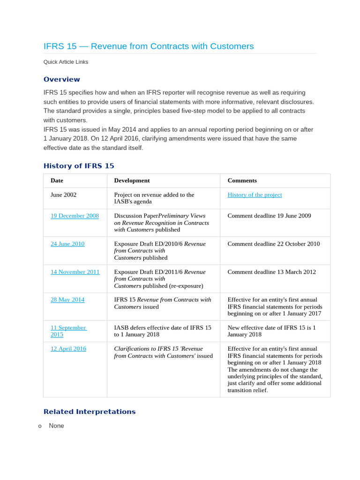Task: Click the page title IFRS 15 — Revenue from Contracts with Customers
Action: [149, 46]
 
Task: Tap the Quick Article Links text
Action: [66, 62]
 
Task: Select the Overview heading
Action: [61, 79]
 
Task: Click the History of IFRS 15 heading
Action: [79, 166]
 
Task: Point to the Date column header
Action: [57, 180]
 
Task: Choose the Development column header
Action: [132, 180]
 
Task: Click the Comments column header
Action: [242, 180]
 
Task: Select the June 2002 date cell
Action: [63, 195]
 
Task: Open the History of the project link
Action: [255, 195]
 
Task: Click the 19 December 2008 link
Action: [75, 216]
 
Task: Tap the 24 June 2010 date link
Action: [67, 244]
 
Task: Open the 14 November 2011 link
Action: [75, 272]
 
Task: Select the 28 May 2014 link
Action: [67, 300]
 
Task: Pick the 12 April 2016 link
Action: [68, 349]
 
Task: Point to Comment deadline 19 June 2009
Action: [269, 216]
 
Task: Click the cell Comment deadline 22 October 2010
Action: [274, 244]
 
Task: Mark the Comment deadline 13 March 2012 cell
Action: [271, 272]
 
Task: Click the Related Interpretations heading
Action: [89, 412]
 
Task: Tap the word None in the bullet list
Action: [56, 426]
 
